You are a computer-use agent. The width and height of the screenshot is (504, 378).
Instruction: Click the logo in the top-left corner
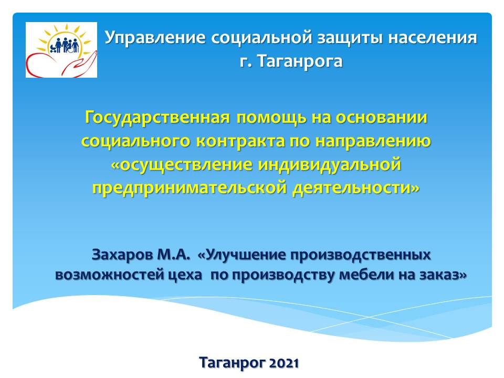pos(61,50)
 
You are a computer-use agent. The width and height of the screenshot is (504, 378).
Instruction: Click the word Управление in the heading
pos(155,38)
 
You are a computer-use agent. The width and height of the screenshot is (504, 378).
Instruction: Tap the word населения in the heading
pos(432,38)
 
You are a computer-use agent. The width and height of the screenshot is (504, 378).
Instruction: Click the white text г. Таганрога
pos(291,61)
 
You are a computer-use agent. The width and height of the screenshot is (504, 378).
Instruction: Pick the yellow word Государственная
pos(157,118)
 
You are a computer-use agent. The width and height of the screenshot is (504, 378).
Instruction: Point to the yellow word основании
pos(382,118)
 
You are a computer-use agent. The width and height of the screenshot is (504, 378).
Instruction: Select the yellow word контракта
pos(240,141)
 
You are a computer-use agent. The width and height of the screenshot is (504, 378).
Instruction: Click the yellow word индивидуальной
pos(330,165)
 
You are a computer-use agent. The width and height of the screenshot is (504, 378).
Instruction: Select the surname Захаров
pos(122,255)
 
